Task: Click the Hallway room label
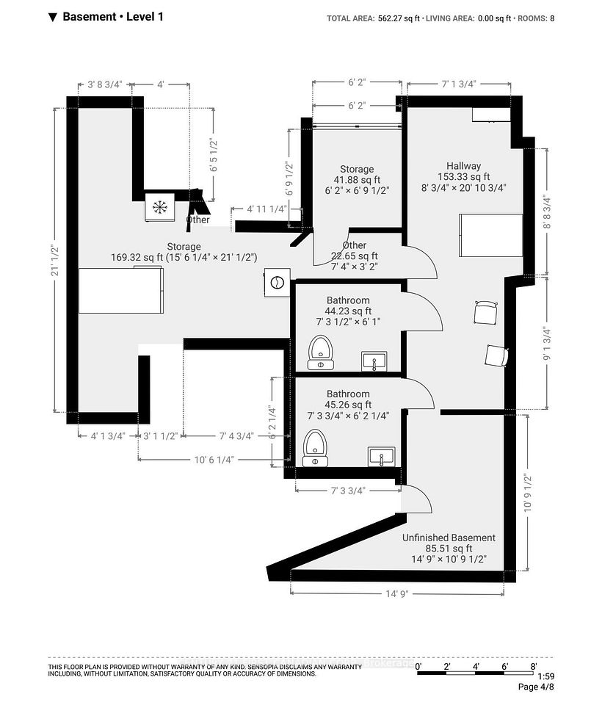pyautogui.click(x=463, y=165)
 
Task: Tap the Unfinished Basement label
pyautogui.click(x=449, y=538)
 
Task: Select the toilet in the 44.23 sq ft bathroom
pyautogui.click(x=320, y=352)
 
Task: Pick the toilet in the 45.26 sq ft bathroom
pyautogui.click(x=315, y=448)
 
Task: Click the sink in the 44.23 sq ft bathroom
pyautogui.click(x=374, y=361)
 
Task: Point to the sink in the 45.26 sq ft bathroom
pyautogui.click(x=382, y=456)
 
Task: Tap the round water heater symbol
pyautogui.click(x=278, y=282)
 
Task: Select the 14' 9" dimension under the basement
pyautogui.click(x=397, y=594)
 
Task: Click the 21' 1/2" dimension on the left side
pyautogui.click(x=55, y=260)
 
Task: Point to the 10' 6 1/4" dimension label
pyautogui.click(x=214, y=460)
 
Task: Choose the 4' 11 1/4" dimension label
pyautogui.click(x=267, y=209)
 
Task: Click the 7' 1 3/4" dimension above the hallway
pyautogui.click(x=458, y=84)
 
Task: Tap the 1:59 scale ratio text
pyautogui.click(x=545, y=676)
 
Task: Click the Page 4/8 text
pyautogui.click(x=536, y=687)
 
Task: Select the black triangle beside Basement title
pyautogui.click(x=53, y=18)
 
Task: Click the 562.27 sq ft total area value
pyautogui.click(x=398, y=18)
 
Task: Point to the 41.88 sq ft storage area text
pyautogui.click(x=357, y=180)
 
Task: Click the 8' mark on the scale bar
pyautogui.click(x=534, y=666)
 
